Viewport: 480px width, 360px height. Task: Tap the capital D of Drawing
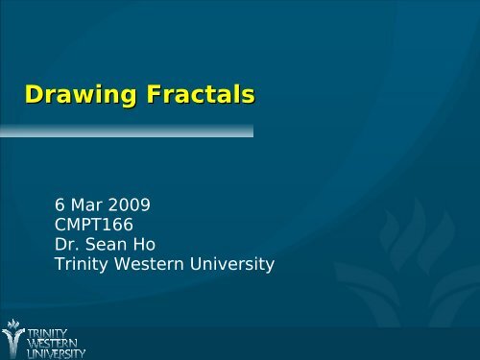(x=35, y=96)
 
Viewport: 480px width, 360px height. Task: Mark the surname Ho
(x=151, y=244)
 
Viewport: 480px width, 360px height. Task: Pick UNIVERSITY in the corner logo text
(x=57, y=353)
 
